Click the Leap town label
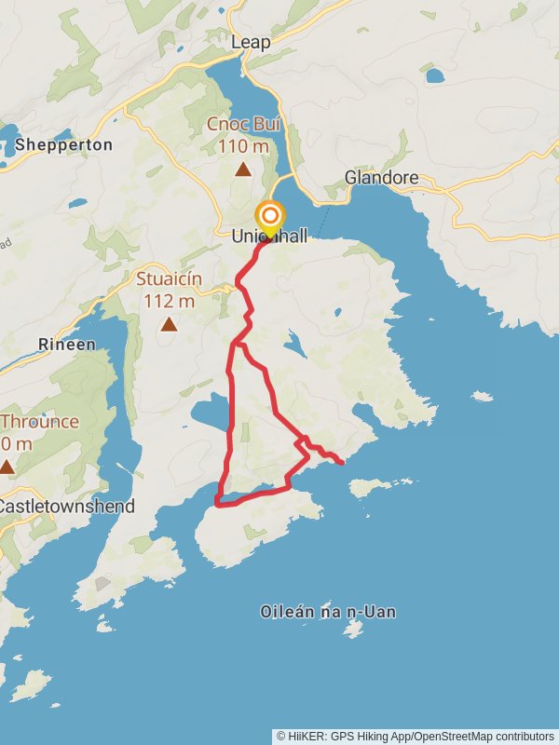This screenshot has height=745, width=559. coord(252,43)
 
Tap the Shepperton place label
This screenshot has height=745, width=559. coord(63,144)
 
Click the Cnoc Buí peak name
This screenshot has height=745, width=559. coord(243,125)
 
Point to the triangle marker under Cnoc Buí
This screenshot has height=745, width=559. coord(243,169)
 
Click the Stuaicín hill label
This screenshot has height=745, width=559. coord(169,278)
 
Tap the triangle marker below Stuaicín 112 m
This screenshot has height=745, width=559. coord(169,324)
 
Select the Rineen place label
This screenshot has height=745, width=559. coord(66,345)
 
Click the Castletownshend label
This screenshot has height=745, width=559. coord(65,507)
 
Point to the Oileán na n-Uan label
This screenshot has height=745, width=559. coord(328,612)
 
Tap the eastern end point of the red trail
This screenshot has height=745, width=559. coord(343,461)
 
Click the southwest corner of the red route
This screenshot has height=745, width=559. coord(217,504)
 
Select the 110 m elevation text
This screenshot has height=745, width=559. coord(243,146)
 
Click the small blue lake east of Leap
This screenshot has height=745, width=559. coord(434,75)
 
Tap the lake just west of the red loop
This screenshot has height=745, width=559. coord(209,410)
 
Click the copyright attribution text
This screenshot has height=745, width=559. coord(416,736)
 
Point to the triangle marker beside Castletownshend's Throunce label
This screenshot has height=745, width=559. coord(7,466)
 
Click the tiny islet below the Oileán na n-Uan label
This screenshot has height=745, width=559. coord(352,630)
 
